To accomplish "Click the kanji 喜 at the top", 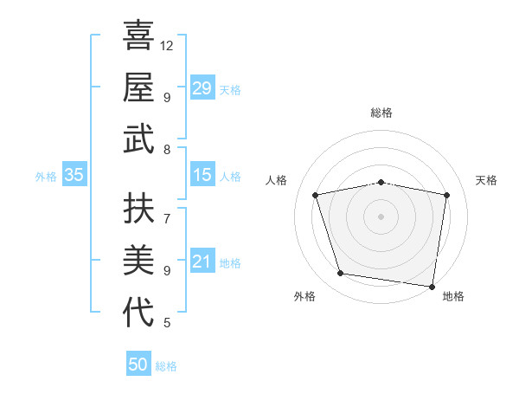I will pyautogui.click(x=138, y=36).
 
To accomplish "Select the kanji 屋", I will pyautogui.click(x=138, y=87).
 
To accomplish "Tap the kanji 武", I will pyautogui.click(x=138, y=139).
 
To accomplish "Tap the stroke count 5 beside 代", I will pyautogui.click(x=167, y=323).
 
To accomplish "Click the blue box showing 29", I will pyautogui.click(x=202, y=87).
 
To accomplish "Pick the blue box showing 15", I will pyautogui.click(x=202, y=175).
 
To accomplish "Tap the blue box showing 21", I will pyautogui.click(x=202, y=262).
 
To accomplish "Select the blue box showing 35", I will pyautogui.click(x=74, y=175).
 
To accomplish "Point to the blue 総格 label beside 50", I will pyautogui.click(x=166, y=366).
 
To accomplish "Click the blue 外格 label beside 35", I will pyautogui.click(x=46, y=177).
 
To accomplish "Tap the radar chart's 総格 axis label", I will pyautogui.click(x=381, y=113).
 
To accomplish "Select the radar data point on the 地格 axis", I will pyautogui.click(x=431, y=286).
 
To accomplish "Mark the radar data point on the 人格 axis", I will pyautogui.click(x=316, y=195).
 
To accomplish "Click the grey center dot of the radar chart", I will pyautogui.click(x=381, y=216).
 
